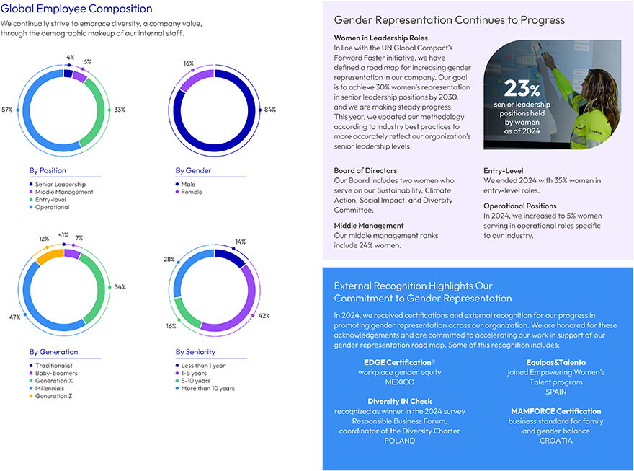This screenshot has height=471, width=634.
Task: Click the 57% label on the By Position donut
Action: pyautogui.click(x=7, y=110)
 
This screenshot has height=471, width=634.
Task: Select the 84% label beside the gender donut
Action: pyautogui.click(x=270, y=110)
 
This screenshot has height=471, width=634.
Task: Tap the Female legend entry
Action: pyautogui.click(x=192, y=193)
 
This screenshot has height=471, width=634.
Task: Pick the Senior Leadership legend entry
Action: pyautogui.click(x=61, y=185)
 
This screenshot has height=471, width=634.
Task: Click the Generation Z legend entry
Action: pyautogui.click(x=55, y=396)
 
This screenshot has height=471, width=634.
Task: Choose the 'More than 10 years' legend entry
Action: pyautogui.click(x=207, y=388)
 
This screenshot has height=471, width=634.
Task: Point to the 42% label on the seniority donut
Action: pyautogui.click(x=264, y=315)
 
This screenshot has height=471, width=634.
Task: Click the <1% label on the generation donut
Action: pyautogui.click(x=64, y=234)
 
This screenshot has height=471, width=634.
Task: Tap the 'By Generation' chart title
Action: pyautogui.click(x=53, y=352)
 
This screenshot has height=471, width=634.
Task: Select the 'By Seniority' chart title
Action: pyautogui.click(x=195, y=352)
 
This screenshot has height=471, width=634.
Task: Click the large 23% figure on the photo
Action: pyautogui.click(x=522, y=89)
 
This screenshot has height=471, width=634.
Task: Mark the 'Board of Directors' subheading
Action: pyautogui.click(x=366, y=171)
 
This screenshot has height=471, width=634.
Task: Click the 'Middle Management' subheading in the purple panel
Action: pyautogui.click(x=367, y=226)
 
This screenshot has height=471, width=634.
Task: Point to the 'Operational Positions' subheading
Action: pyautogui.click(x=520, y=206)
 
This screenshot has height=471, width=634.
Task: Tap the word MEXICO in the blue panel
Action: pyautogui.click(x=400, y=382)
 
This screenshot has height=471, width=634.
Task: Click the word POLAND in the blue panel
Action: pyautogui.click(x=400, y=441)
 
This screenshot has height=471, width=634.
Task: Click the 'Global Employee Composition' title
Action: pyautogui.click(x=77, y=9)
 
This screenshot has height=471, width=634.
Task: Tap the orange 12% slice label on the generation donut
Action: pyautogui.click(x=44, y=238)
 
